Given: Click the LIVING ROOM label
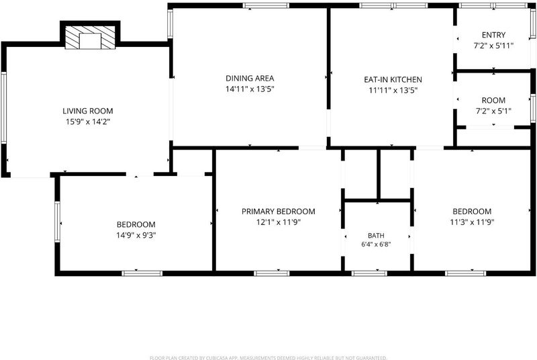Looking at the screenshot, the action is tap(88, 111).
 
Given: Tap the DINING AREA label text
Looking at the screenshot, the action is tap(250, 78).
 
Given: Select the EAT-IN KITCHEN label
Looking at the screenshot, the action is tap(393, 79).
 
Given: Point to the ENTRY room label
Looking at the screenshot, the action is tap(493, 35).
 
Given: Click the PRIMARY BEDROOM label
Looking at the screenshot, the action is tap(279, 212).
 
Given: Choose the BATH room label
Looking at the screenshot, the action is tap(376, 235).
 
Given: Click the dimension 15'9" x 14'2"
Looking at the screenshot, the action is tap(88, 122).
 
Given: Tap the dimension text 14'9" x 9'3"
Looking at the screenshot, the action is tap(136, 235).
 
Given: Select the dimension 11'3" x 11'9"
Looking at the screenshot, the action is tap(472, 222).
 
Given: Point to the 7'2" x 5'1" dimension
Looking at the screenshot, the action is tap(493, 111).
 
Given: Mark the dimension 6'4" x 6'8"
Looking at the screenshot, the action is tap(376, 244).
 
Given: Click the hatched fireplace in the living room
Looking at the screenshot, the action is tap(90, 38).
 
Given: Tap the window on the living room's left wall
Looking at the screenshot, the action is tap(4, 107).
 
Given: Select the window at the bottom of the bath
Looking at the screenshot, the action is tap(369, 273).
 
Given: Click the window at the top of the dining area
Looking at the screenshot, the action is tap(266, 5).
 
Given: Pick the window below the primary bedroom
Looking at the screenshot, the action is tap(272, 273).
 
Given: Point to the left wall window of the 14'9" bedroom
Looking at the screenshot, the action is tap(57, 222).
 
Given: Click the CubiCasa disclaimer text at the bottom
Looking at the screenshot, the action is tap(268, 358).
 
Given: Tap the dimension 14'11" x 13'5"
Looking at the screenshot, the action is tap(250, 89).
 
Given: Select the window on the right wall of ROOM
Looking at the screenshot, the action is tap(533, 108).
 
